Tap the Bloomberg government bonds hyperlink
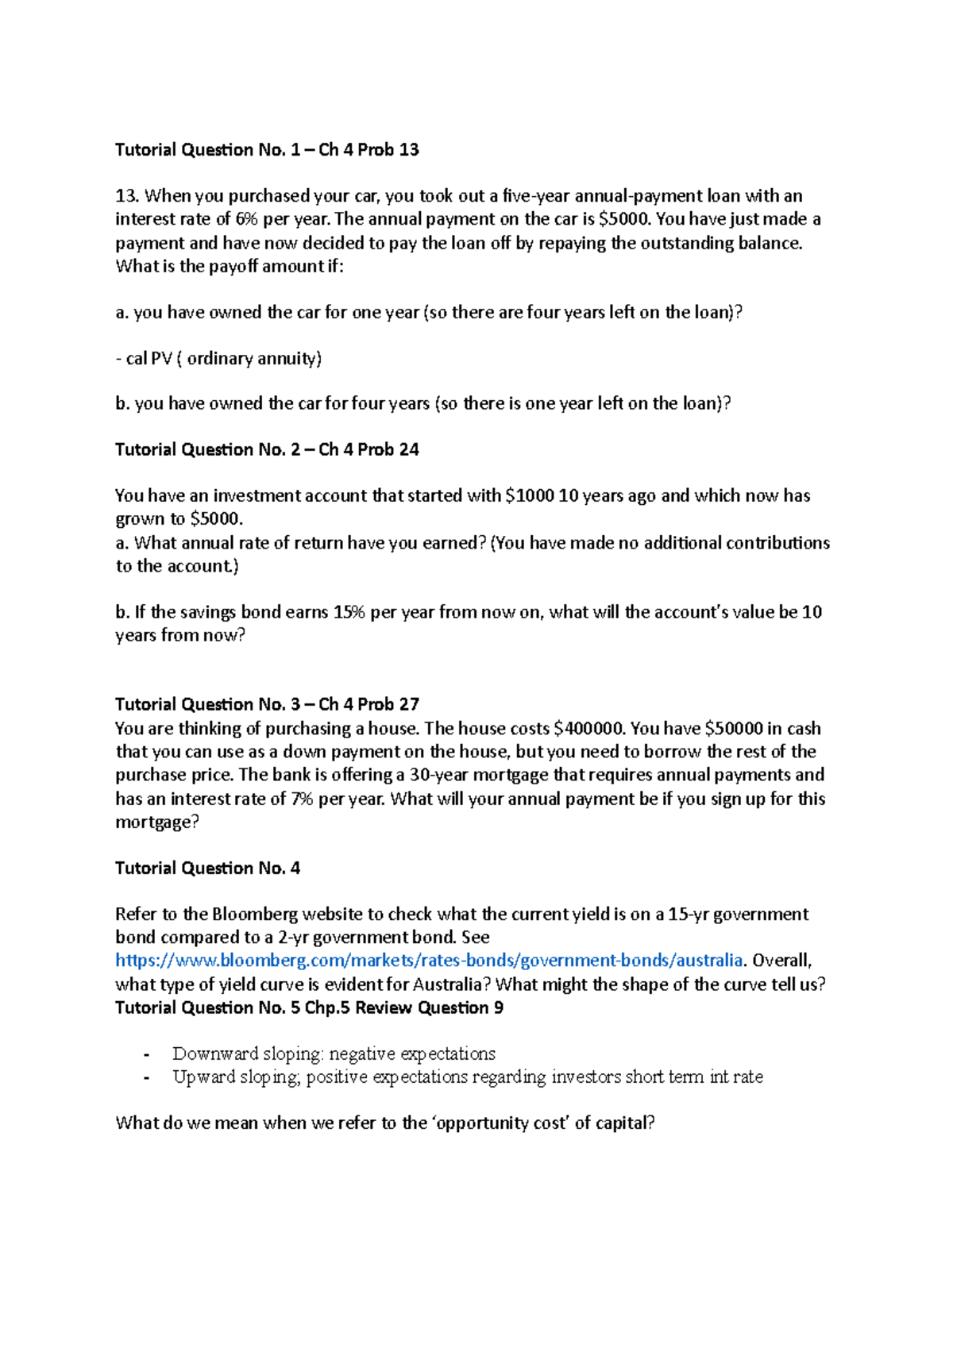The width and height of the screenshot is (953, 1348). [429, 961]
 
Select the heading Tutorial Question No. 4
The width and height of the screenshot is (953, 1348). [207, 868]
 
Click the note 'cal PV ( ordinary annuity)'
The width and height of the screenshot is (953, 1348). [218, 359]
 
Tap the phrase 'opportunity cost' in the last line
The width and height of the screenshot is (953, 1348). [503, 1123]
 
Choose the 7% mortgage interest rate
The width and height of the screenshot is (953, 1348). [302, 799]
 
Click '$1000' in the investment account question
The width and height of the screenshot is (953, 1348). [529, 496]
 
